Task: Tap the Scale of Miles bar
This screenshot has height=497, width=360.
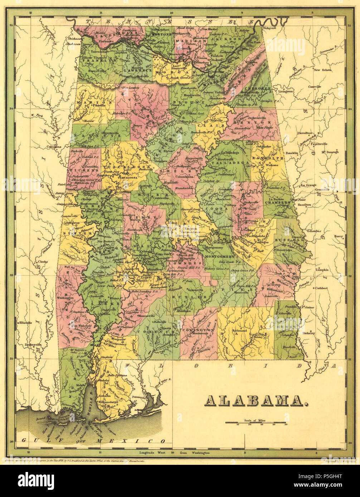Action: click(256, 422)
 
